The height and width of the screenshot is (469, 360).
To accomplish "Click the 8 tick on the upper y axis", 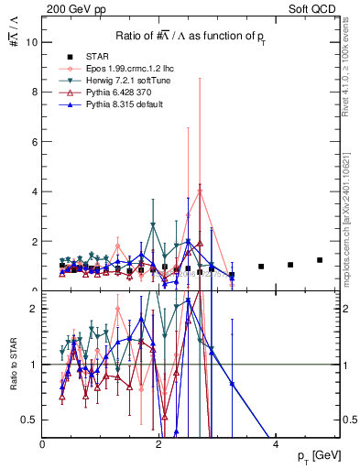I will point(35,92).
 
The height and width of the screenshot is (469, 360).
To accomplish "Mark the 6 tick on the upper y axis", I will point(35,142).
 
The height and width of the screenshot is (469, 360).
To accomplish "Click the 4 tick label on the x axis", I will point(277,444).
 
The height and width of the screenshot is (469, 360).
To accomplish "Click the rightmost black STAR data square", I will point(320,260).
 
